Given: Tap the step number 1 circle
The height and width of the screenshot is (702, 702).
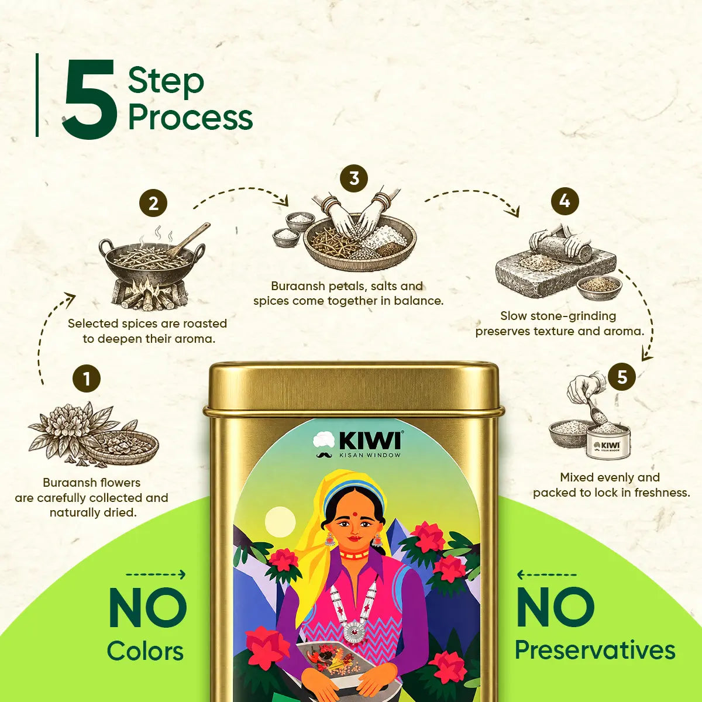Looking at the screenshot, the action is tap(87, 379).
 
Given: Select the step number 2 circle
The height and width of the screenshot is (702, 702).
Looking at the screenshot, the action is tap(153, 203).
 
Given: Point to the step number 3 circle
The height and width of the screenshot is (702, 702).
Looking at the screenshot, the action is tap(354, 178).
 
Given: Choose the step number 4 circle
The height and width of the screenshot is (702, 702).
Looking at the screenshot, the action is tap(565, 201).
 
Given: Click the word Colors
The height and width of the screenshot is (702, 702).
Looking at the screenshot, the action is tap(145, 651).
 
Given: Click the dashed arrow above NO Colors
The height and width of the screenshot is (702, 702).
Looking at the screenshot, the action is tap(156, 575).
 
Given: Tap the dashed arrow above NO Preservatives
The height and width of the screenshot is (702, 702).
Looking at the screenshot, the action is tap(546, 575).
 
